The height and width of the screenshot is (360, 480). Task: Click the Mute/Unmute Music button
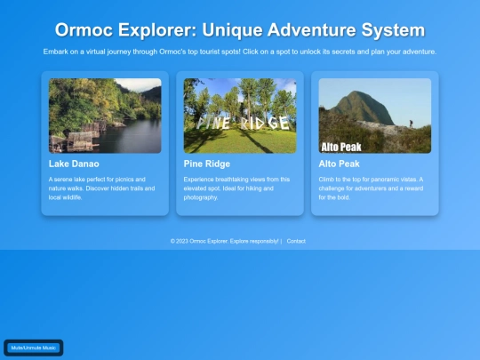click(x=34, y=348)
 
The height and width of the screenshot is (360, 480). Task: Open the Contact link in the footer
click(x=296, y=241)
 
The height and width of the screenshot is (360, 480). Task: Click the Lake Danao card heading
click(x=74, y=164)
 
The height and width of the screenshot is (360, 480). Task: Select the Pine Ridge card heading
click(x=207, y=164)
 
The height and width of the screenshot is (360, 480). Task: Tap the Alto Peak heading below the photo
click(x=339, y=164)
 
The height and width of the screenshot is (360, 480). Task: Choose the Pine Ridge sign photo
click(x=240, y=116)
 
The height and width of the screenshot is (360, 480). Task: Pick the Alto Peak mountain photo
click(x=374, y=116)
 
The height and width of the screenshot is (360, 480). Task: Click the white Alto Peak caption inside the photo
click(x=340, y=146)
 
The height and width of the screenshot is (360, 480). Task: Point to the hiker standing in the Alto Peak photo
click(x=411, y=125)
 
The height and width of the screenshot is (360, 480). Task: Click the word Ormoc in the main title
click(x=84, y=31)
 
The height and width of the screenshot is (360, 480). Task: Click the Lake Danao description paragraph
click(x=103, y=188)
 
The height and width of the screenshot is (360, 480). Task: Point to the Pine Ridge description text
click(x=236, y=188)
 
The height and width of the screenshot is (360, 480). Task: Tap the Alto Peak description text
click(x=372, y=188)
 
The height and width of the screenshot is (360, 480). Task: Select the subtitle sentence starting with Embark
click(x=240, y=52)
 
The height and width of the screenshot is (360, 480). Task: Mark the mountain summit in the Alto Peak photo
click(x=366, y=92)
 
